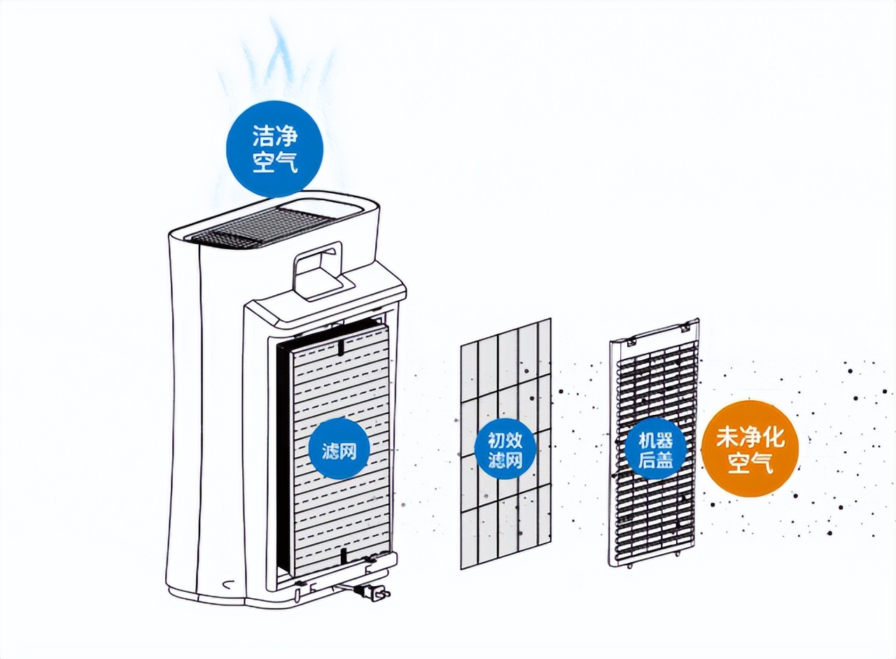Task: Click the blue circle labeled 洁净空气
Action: pyautogui.click(x=274, y=149)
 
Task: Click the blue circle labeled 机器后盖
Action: pyautogui.click(x=655, y=449)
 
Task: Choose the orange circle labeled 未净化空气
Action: pyautogui.click(x=750, y=451)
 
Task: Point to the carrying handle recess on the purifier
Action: pyautogui.click(x=318, y=271)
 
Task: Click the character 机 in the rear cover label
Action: pyautogui.click(x=645, y=440)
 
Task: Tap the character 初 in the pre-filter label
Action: pyautogui.click(x=496, y=440)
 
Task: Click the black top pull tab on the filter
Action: pyautogui.click(x=340, y=346)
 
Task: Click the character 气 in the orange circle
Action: pyautogui.click(x=762, y=463)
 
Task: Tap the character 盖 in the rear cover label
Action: pyautogui.click(x=665, y=460)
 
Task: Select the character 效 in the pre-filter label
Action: pyautogui.click(x=514, y=440)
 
